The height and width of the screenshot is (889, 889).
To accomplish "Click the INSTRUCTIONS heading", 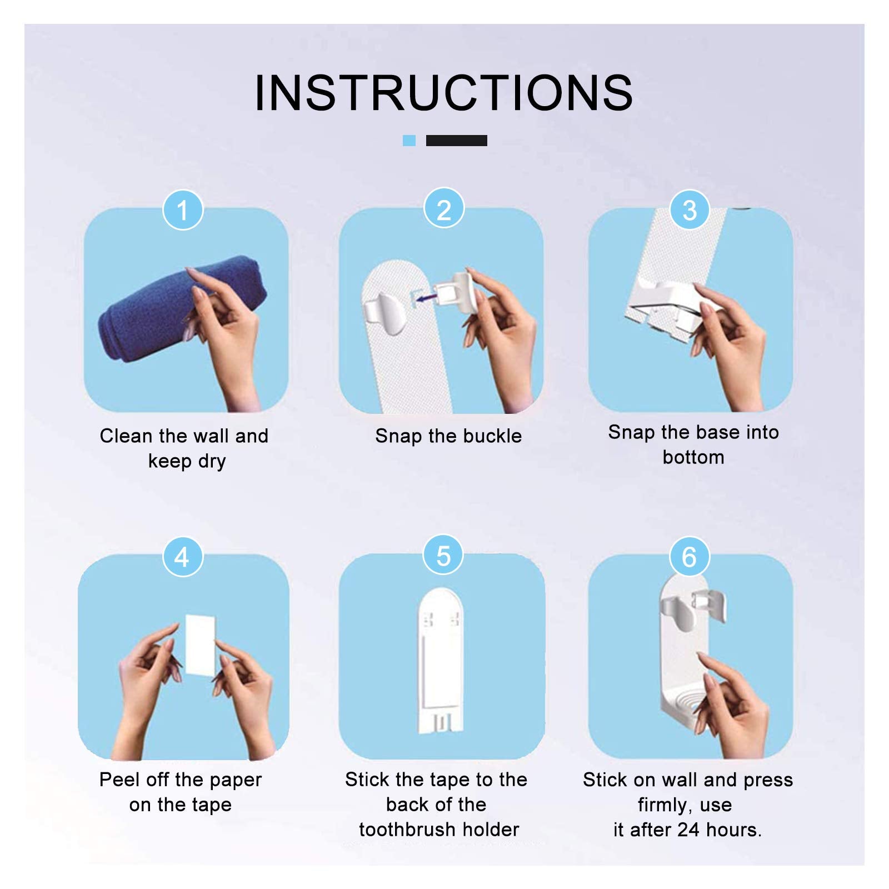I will coord(443,93).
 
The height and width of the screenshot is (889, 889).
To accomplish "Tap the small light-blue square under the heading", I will coord(409,141).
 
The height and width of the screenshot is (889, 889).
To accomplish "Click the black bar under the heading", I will coord(456,141).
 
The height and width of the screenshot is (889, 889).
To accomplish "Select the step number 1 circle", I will coord(182,210).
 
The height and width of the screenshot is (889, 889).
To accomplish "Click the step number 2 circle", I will coord(443,210).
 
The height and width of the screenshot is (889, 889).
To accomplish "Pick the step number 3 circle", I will coord(690,210).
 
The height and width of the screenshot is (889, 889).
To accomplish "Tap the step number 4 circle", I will coord(182,557).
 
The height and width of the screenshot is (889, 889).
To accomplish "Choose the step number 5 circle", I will coord(443,556).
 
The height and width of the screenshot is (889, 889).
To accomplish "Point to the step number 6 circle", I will coord(689,557).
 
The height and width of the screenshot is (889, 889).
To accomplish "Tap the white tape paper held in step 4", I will coord(199,645).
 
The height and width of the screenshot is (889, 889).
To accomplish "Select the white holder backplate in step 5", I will coord(439,661).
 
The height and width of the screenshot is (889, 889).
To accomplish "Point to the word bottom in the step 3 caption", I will coord(693,457).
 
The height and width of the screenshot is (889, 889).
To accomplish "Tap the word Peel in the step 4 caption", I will coord(119,780).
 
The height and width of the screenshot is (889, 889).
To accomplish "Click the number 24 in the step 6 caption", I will coord(688,830).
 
